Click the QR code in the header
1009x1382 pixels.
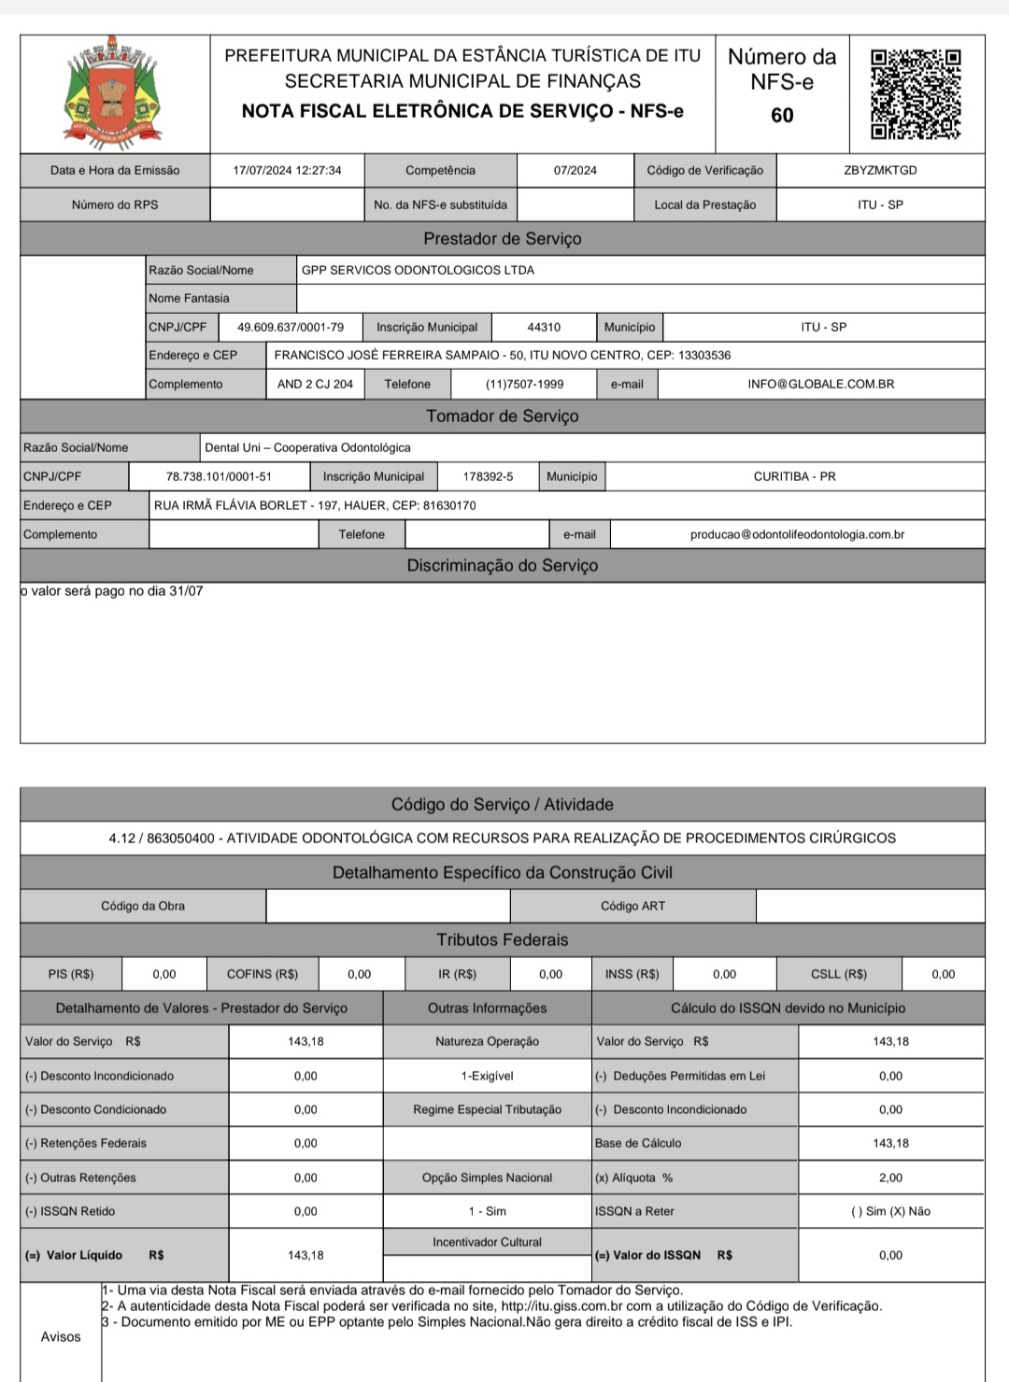click(x=916, y=94)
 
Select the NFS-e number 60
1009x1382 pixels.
click(x=782, y=115)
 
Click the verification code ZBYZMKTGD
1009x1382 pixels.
click(x=880, y=170)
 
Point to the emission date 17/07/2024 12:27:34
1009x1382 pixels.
click(x=287, y=170)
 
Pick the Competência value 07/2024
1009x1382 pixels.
click(x=575, y=170)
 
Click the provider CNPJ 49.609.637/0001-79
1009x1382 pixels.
click(x=291, y=327)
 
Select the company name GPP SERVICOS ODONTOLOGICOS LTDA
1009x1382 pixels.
click(x=418, y=270)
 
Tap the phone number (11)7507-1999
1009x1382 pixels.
click(x=524, y=384)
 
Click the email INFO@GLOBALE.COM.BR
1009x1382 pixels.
click(x=820, y=384)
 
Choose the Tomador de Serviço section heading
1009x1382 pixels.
click(x=503, y=416)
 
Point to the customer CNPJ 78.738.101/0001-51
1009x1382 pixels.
click(x=219, y=476)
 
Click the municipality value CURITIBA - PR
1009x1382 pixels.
click(x=794, y=476)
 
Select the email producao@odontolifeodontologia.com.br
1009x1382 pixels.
click(x=797, y=534)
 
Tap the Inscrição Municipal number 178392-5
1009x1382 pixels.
click(x=488, y=476)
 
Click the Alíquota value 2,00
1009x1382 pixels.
click(x=890, y=1178)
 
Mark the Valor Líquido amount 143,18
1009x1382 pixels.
click(x=306, y=1255)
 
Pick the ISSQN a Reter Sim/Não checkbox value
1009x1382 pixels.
click(x=890, y=1211)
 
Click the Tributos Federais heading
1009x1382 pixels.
click(x=503, y=940)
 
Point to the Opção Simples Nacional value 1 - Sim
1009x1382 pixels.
click(x=487, y=1211)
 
